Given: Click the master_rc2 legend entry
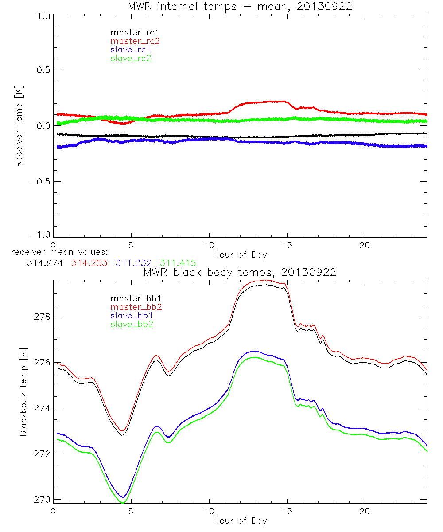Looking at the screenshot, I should pyautogui.click(x=135, y=41).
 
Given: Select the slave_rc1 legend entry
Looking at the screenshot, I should pyautogui.click(x=131, y=50).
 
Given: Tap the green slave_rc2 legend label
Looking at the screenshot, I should pyautogui.click(x=131, y=58).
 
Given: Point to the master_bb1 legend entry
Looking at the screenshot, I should pyautogui.click(x=133, y=299).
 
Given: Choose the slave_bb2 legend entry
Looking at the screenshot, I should pyautogui.click(x=131, y=325).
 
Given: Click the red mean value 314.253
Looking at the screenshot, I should pyautogui.click(x=89, y=263).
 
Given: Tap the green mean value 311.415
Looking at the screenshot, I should pyautogui.click(x=178, y=263).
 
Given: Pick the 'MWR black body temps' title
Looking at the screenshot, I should pyautogui.click(x=240, y=272).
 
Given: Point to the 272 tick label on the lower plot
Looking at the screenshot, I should pyautogui.click(x=40, y=454).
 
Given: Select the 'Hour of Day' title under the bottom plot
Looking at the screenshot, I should pyautogui.click(x=240, y=520).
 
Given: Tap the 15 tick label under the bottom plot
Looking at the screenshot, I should pyautogui.click(x=287, y=511).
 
